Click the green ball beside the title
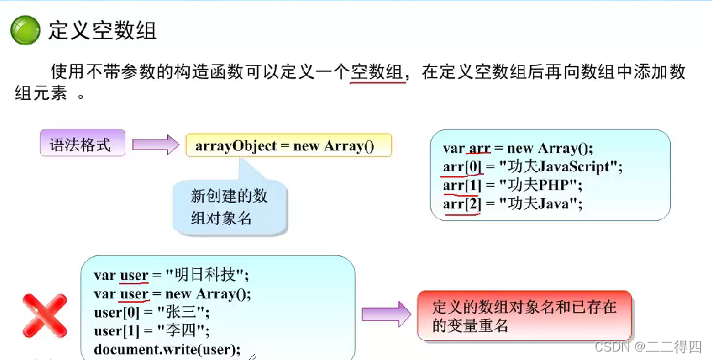click(25, 31)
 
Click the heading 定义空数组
click(102, 30)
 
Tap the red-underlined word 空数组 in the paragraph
click(378, 72)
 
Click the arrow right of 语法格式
click(156, 146)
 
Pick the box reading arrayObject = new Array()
click(288, 146)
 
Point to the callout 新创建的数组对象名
click(229, 207)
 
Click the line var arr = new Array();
click(517, 149)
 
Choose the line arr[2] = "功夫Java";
click(512, 204)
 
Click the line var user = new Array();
click(172, 294)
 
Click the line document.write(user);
click(167, 349)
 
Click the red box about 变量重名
click(524, 316)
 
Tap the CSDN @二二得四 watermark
click(648, 347)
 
